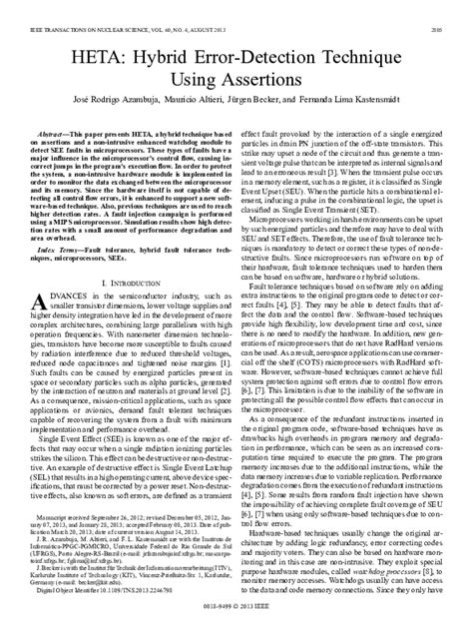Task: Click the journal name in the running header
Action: tap(131, 7)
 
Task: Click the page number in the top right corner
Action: tap(448, 7)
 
